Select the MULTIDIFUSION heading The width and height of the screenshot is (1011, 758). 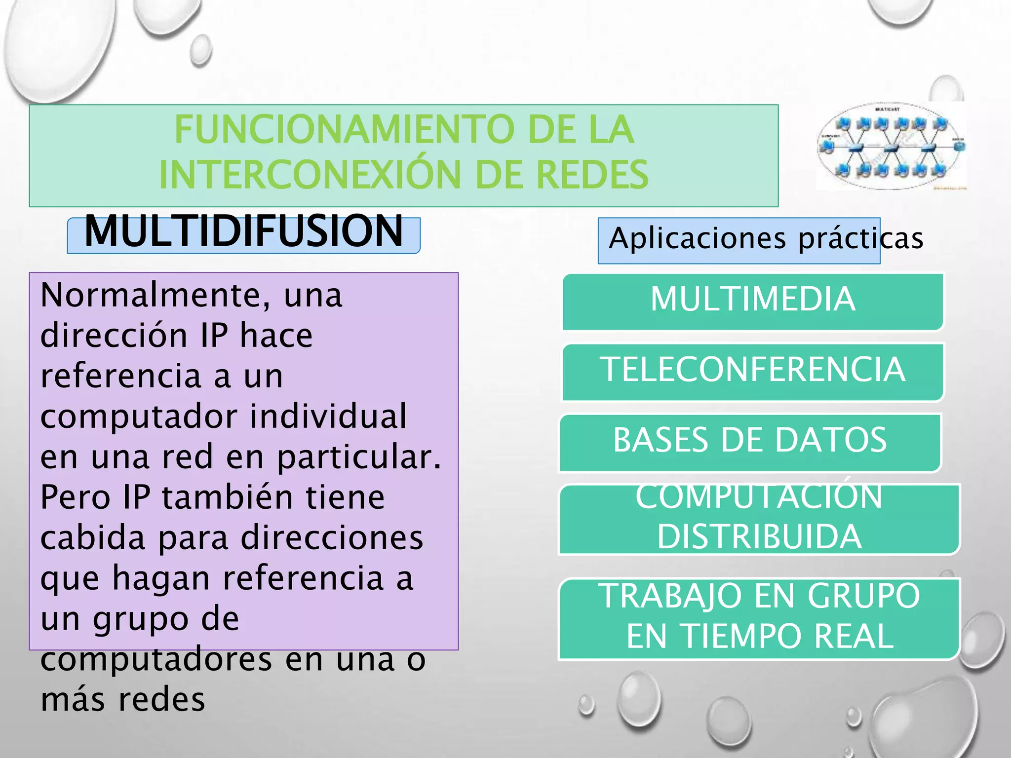244,231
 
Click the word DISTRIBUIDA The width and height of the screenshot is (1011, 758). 759,537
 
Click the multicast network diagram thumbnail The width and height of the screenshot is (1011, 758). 891,146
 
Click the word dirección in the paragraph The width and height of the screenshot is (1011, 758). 114,336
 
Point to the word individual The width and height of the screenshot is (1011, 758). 328,417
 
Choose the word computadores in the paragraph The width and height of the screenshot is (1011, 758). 156,659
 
